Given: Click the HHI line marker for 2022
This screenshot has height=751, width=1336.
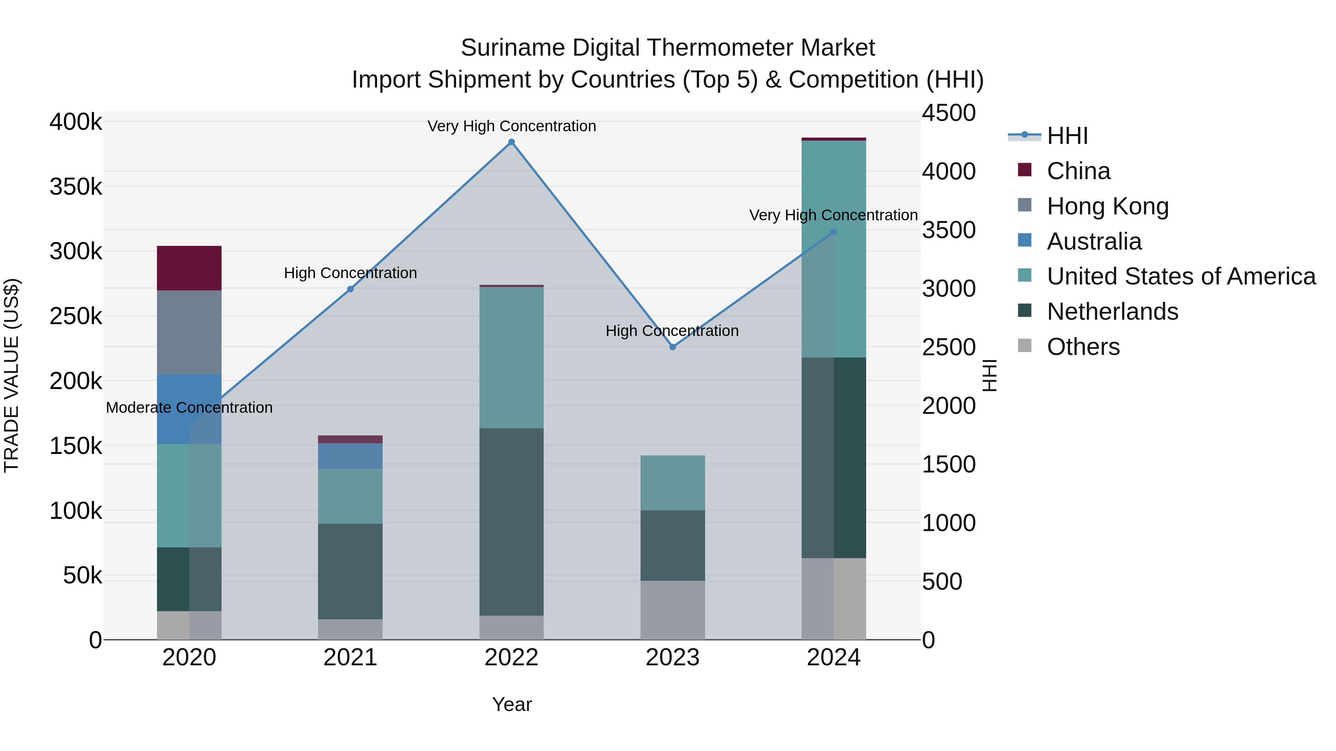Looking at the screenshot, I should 511,142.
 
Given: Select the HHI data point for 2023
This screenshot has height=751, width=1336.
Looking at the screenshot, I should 673,347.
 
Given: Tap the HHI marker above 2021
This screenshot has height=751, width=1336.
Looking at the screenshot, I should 350,289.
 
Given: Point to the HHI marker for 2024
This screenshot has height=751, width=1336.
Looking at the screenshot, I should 834,232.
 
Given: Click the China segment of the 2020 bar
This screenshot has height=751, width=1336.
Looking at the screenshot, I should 189,268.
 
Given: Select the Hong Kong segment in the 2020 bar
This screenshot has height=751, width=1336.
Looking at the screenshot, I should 189,332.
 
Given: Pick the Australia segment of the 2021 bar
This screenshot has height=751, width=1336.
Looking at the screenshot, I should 350,456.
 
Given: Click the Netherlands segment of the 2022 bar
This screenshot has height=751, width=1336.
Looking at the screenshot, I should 511,522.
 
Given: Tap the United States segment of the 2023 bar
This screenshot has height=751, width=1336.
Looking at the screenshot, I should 673,483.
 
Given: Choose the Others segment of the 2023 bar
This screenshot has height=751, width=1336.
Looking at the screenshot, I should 673,610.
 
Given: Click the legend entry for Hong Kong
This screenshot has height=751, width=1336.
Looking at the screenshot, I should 1107,206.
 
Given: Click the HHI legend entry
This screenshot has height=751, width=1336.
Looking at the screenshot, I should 1067,136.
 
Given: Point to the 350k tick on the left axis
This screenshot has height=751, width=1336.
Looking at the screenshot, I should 76,187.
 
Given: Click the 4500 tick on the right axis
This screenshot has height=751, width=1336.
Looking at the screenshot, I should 949,113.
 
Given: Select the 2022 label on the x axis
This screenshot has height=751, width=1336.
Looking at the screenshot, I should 511,658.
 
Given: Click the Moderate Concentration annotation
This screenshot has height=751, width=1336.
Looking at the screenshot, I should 189,408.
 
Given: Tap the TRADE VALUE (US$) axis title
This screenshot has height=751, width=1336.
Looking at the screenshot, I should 12,375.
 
